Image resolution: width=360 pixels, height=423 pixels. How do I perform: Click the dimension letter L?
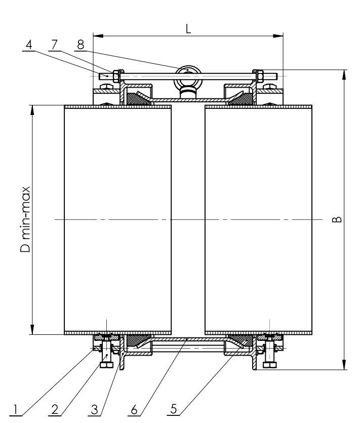(188, 29)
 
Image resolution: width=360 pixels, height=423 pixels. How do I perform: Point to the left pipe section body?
(117, 219)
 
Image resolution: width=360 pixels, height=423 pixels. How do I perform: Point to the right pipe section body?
(258, 219)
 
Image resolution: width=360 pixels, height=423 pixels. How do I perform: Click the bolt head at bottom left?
(106, 364)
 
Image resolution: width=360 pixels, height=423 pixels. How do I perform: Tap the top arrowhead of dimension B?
(344, 73)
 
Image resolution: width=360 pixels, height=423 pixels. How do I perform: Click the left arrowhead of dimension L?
(98, 36)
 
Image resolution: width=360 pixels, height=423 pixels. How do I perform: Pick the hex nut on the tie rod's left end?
(116, 76)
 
